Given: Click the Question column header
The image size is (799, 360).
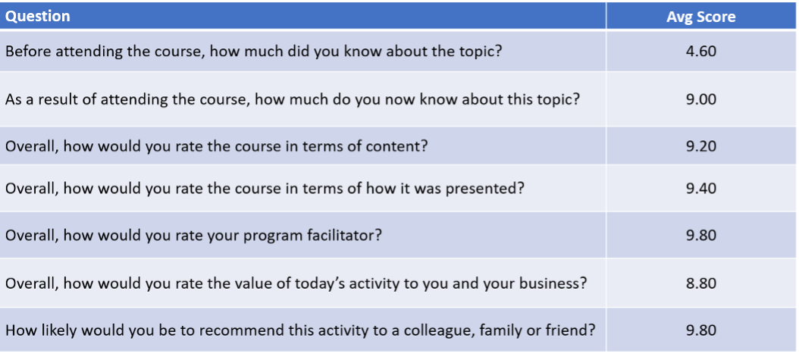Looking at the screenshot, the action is (38, 16).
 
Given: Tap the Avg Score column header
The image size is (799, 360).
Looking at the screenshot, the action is (700, 17).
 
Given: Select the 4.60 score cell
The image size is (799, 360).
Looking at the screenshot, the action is (700, 52).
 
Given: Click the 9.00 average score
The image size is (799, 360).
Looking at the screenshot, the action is (700, 99).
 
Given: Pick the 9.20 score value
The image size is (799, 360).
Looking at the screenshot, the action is (700, 146).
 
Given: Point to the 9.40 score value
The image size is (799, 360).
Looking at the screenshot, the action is (700, 189).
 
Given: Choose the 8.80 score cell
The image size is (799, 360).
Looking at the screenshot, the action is (700, 283).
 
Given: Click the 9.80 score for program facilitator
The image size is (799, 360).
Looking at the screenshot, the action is (700, 236).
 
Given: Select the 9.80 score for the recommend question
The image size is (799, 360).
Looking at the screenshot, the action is (700, 330).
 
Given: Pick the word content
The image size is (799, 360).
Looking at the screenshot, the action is (398, 146).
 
